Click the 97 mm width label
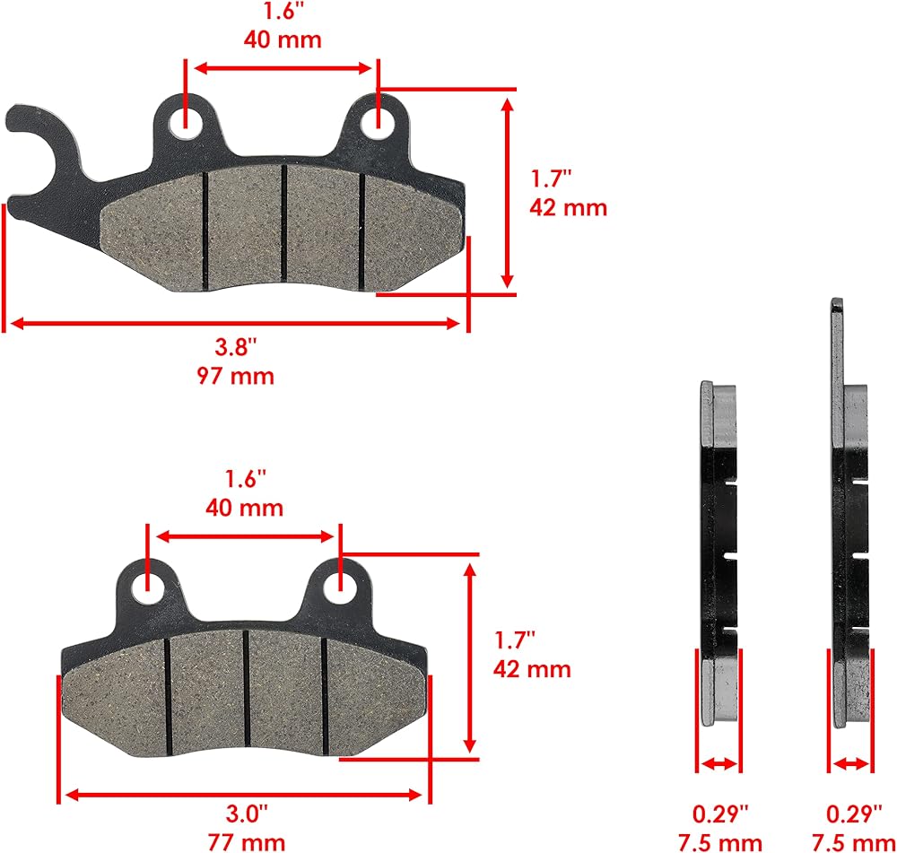[236, 376]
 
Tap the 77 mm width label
[247, 842]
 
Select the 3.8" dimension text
[236, 347]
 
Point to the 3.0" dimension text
[247, 813]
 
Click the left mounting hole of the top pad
[186, 122]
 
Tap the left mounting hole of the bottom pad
[148, 588]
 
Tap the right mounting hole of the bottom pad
[340, 588]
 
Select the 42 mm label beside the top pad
[568, 207]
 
